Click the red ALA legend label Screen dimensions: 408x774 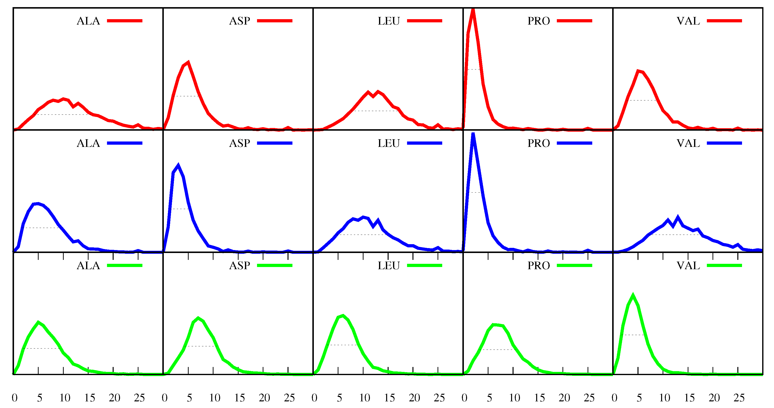(x=88, y=21)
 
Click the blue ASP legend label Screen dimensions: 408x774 (x=240, y=143)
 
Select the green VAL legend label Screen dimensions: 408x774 (x=688, y=266)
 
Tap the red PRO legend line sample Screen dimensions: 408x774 (x=574, y=21)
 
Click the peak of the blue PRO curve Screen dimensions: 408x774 (x=473, y=134)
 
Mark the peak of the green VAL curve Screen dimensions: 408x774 (x=633, y=295)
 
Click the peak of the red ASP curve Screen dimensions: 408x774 (x=188, y=62)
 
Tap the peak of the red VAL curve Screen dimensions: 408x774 (x=637, y=71)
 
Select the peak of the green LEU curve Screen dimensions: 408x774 (x=343, y=316)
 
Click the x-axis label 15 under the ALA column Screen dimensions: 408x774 (x=89, y=398)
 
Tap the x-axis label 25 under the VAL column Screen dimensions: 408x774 (x=739, y=398)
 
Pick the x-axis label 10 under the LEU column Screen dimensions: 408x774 (x=364, y=398)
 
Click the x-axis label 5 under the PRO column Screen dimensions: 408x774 (x=489, y=398)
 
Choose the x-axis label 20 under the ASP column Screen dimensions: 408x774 (x=264, y=398)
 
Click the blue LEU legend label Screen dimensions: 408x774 (x=389, y=143)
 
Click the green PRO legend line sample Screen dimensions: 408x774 (x=574, y=266)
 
